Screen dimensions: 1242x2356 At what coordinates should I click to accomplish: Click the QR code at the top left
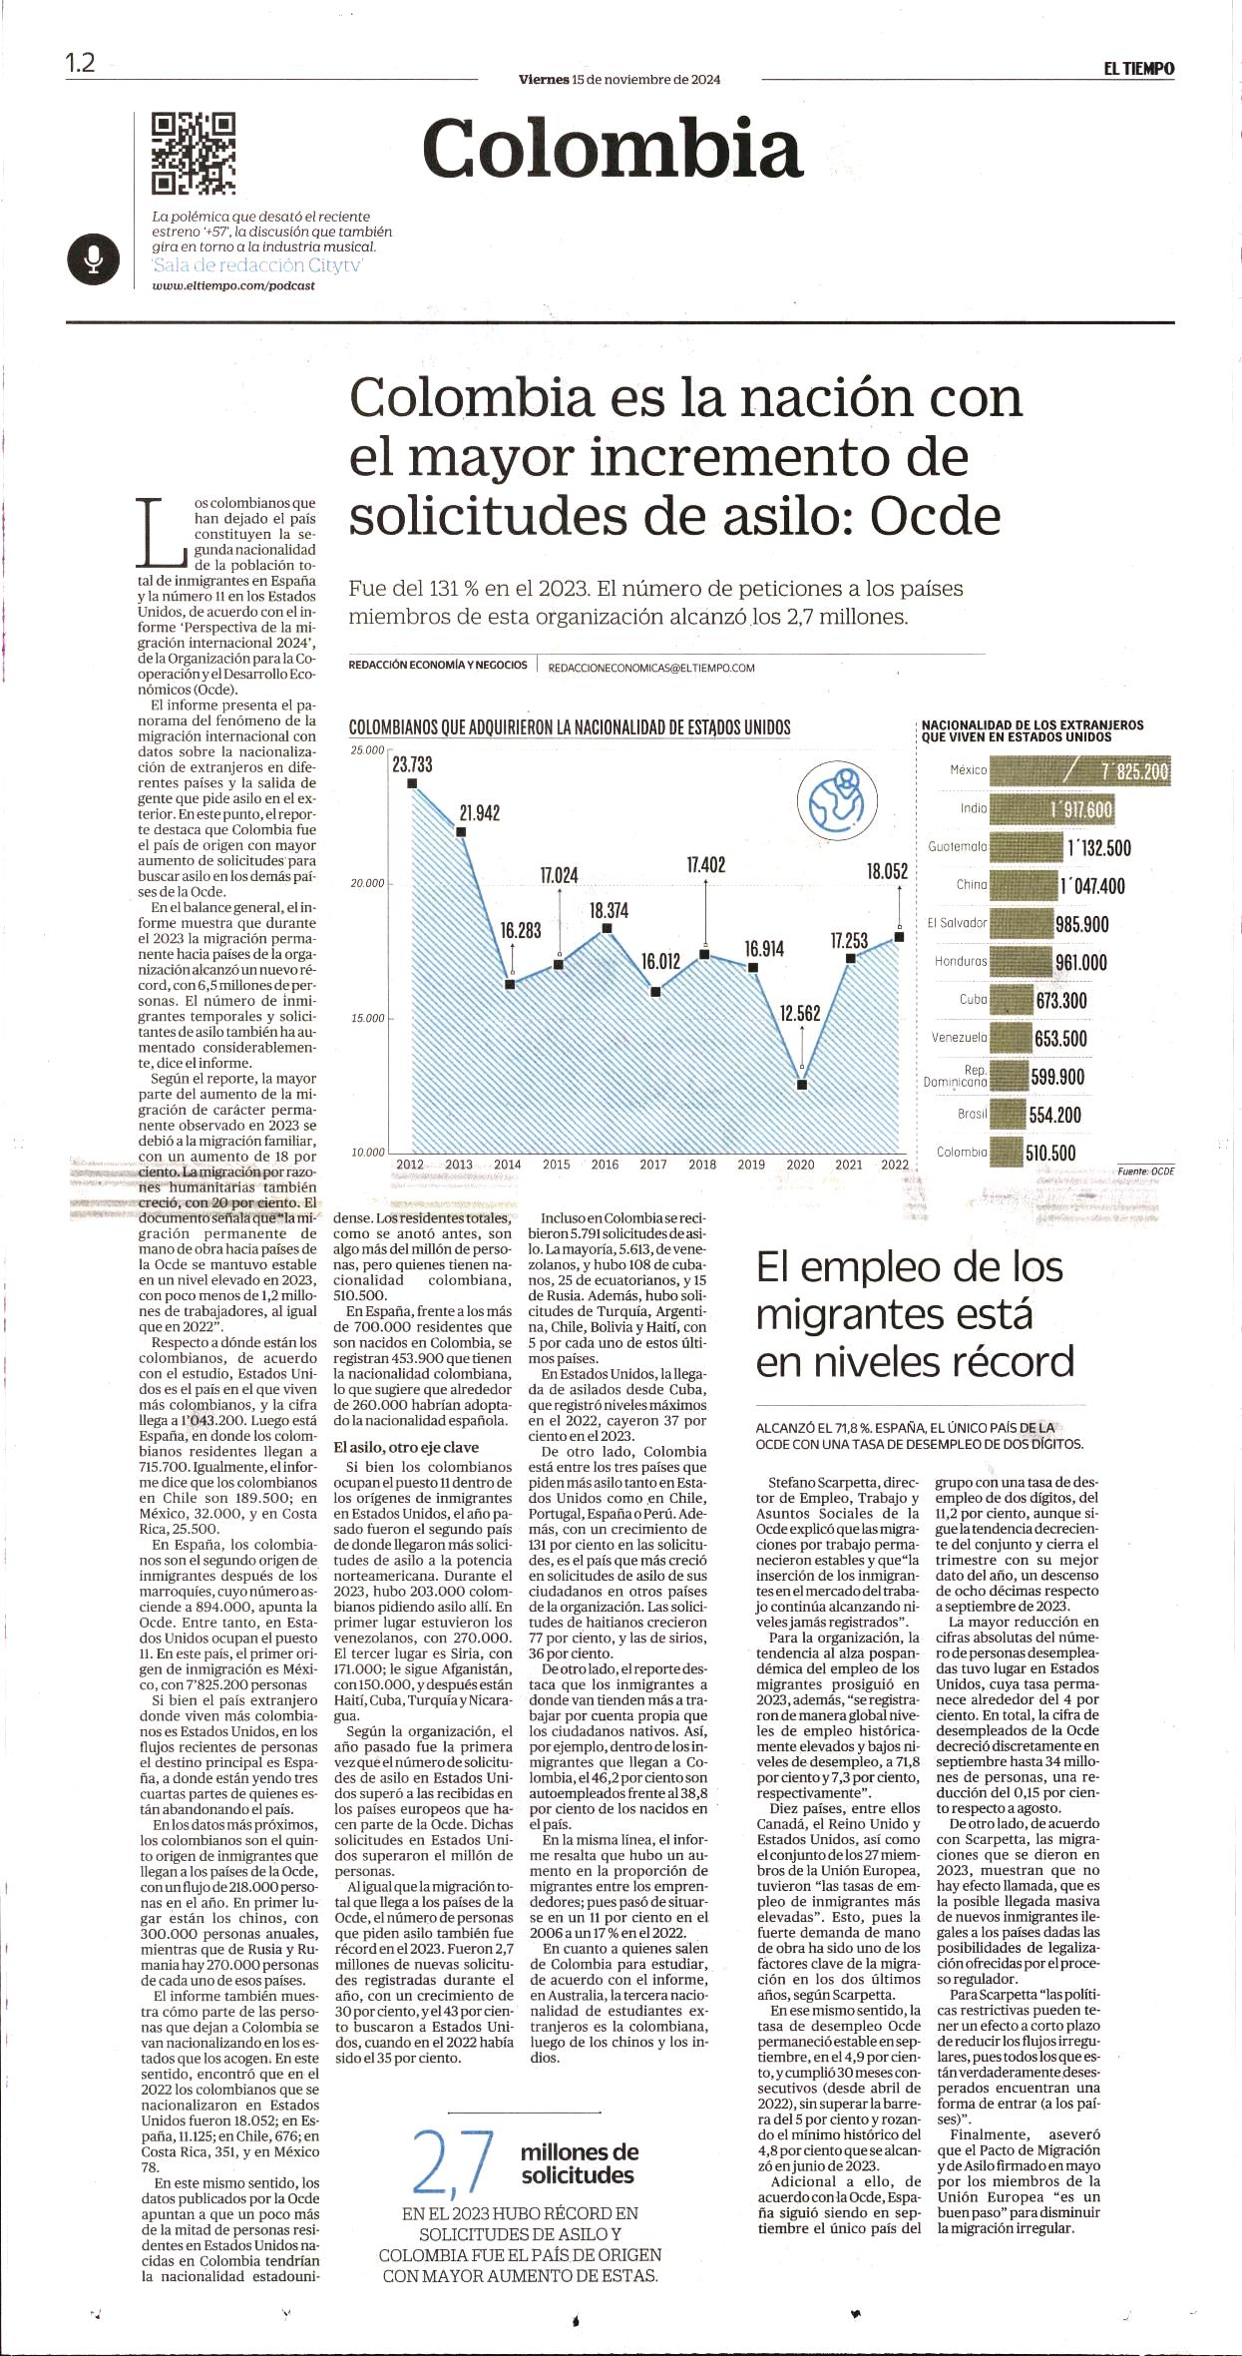coord(194,153)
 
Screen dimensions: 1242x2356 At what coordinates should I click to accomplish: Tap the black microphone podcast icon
coord(94,259)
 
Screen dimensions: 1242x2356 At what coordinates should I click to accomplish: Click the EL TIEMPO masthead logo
coord(1138,69)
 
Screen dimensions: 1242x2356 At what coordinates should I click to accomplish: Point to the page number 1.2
coord(81,63)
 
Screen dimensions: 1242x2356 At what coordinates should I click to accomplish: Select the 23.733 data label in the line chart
coord(412,764)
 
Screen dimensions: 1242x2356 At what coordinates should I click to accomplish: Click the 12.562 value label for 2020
coord(800,1014)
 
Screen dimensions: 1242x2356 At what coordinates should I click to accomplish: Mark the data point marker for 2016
coord(607,929)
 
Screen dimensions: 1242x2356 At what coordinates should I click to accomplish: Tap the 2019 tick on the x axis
coord(751,1164)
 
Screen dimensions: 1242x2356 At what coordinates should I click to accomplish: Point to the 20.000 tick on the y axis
coord(367,884)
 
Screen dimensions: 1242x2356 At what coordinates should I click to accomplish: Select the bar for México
coord(1079,771)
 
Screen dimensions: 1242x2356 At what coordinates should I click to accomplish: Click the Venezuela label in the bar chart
coord(959,1038)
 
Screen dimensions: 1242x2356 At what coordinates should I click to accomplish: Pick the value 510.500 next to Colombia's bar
coord(1051,1154)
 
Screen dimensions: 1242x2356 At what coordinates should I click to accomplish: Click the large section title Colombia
coord(613,148)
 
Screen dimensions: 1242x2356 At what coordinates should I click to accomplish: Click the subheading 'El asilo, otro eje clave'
coord(406,1448)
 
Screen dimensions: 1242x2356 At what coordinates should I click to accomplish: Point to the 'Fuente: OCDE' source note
coord(1146,1172)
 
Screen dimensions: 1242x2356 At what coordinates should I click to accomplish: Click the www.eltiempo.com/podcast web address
coord(233,285)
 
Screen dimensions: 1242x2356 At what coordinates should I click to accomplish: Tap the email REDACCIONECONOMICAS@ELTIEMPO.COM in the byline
coord(651,668)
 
